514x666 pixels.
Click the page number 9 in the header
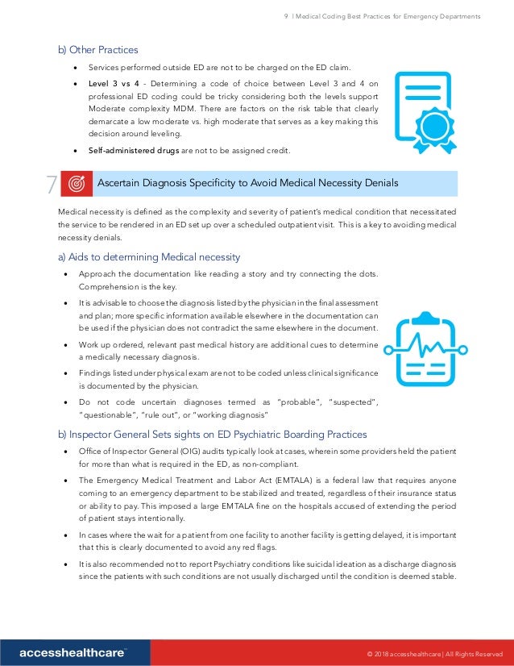287,16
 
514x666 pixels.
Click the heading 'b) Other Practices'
97,50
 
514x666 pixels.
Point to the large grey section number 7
50,185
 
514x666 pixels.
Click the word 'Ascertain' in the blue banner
120,184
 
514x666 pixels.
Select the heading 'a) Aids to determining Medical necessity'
148,257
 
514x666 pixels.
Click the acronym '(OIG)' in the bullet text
192,452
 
